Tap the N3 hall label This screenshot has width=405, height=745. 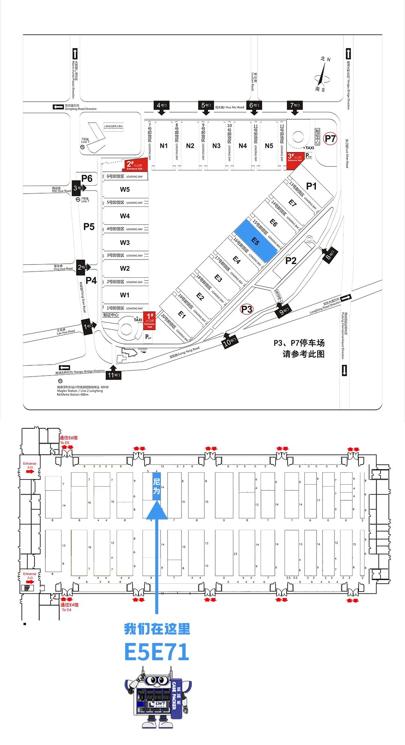(x=216, y=146)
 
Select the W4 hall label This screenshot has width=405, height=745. (x=125, y=216)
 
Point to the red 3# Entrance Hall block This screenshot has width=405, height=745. (x=295, y=158)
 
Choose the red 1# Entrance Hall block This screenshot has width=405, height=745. (x=150, y=321)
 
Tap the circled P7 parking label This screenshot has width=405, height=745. (x=330, y=139)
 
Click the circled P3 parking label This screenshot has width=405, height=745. (x=247, y=309)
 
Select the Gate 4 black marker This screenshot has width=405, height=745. (x=162, y=106)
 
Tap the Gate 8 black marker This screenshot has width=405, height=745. (x=330, y=256)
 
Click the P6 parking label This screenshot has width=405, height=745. (x=87, y=179)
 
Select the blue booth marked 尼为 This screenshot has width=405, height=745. (x=156, y=486)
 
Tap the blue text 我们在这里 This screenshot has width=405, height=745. (x=157, y=629)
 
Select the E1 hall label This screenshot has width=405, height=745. (x=182, y=315)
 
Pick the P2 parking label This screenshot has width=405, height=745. (x=291, y=260)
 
